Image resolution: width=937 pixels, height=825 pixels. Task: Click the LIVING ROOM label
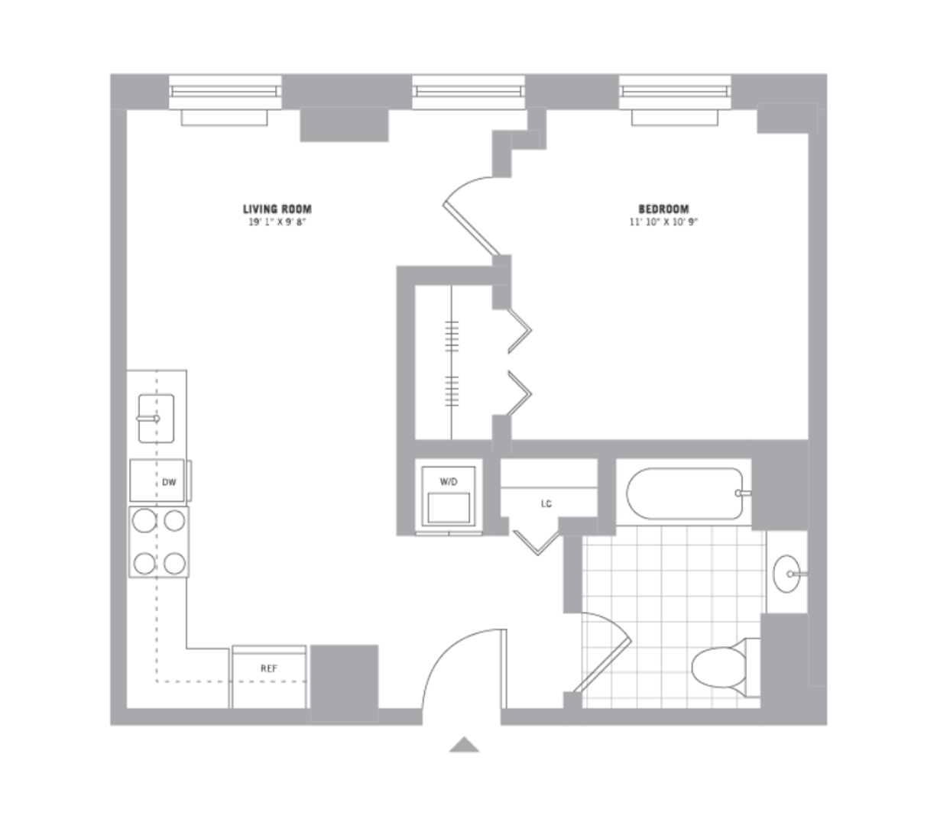coord(277,209)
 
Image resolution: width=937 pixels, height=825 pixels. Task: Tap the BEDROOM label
coord(663,209)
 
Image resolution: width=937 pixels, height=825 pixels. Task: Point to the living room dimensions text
coord(277,222)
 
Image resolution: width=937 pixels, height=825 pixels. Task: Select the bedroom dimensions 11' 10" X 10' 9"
coord(663,222)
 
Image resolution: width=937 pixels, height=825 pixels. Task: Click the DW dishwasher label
coord(169,482)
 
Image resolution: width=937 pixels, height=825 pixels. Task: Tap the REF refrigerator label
coord(268,668)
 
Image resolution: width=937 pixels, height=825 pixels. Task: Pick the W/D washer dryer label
coord(448,482)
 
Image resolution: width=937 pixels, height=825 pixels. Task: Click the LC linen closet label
coord(546,504)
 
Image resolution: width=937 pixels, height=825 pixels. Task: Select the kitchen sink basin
coord(156,418)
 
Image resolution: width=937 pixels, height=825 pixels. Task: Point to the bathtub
coord(683,493)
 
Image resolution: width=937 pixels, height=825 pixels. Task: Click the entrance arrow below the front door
coord(464,745)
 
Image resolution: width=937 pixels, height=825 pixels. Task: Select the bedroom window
coord(675,92)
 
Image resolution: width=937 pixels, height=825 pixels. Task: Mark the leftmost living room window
coord(225,92)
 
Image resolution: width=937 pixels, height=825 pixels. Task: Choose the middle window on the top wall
coord(468,92)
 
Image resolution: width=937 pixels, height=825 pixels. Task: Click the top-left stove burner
coord(144,520)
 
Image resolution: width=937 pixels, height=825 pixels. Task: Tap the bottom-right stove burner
coord(175,564)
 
